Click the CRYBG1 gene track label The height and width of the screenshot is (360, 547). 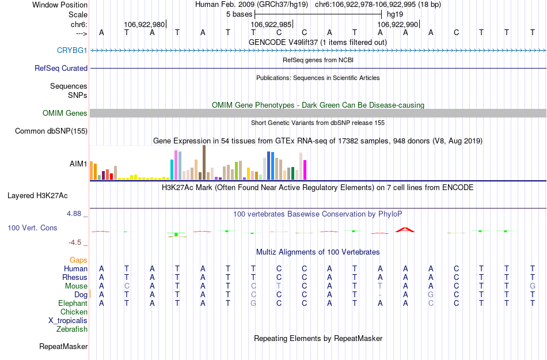click(72, 51)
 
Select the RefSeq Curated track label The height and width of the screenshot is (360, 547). click(61, 68)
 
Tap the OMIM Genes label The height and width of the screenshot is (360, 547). click(65, 113)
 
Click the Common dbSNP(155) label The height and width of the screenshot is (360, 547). click(51, 131)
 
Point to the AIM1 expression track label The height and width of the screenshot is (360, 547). click(78, 164)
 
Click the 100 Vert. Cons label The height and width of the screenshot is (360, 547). click(32, 228)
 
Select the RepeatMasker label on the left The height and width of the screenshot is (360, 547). click(63, 347)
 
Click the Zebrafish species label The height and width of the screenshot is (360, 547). click(72, 329)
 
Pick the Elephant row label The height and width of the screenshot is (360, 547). click(73, 304)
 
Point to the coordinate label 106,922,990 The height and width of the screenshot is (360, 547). click(397, 25)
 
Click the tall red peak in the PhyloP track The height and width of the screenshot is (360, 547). click(405, 230)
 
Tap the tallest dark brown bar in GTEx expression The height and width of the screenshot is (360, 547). click(204, 162)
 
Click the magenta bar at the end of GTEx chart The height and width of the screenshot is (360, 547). click(305, 170)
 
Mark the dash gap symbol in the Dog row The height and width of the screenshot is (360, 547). click(380, 295)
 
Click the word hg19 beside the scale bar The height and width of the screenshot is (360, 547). click(394, 13)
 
